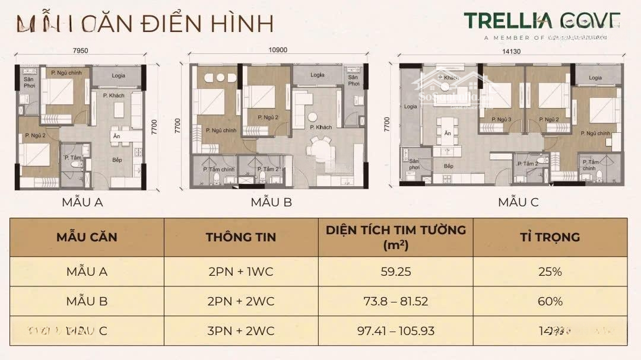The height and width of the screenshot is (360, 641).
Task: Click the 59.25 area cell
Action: (395, 272)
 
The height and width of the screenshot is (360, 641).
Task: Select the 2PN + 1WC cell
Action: (240, 272)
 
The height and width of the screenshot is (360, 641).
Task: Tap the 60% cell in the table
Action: (550, 301)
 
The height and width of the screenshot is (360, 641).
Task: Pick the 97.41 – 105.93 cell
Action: (395, 330)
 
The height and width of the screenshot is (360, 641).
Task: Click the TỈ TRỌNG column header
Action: (550, 237)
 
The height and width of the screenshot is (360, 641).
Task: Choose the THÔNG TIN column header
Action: (240, 237)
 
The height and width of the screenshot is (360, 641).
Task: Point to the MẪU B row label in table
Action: (87, 301)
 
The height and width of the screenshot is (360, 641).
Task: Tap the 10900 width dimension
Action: (277, 50)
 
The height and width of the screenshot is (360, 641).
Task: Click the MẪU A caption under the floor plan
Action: (82, 202)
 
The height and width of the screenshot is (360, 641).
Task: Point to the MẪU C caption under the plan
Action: (518, 202)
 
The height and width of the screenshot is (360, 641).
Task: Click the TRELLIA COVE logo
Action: (542, 21)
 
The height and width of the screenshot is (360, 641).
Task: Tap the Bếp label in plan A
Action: (118, 160)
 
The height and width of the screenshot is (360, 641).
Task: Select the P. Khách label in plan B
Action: (320, 128)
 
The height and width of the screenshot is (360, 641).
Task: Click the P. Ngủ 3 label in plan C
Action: (502, 119)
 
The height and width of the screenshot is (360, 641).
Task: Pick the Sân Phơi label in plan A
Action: (29, 82)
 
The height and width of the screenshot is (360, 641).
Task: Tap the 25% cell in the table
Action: (550, 272)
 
